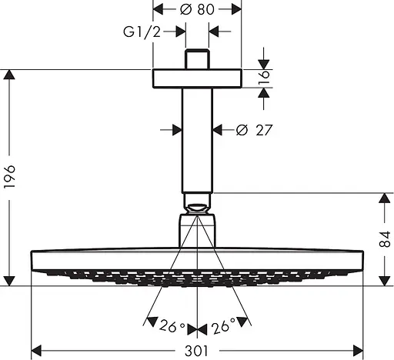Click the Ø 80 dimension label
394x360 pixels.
coord(197,9)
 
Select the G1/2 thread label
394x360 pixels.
coord(142,32)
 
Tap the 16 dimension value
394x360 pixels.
coord(264,78)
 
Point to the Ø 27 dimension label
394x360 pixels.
coord(253,130)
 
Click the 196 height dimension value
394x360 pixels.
coord(10,177)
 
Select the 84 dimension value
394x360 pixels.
coord(385,239)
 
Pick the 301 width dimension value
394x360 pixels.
coord(196,351)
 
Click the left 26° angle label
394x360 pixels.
coord(172,326)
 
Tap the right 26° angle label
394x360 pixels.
coord(223,325)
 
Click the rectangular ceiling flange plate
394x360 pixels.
coord(197,78)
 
